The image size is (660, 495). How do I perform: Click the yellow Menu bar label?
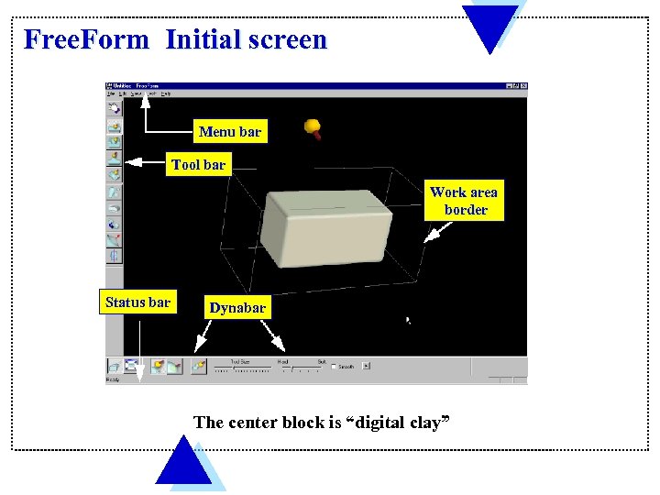pos(230,131)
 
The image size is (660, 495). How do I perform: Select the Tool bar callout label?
pos(198,165)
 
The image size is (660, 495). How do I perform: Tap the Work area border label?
pos(464,201)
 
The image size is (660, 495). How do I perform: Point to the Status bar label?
pos(137,302)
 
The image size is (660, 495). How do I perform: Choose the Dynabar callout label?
pos(237,308)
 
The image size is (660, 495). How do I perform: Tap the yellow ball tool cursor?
pos(313,126)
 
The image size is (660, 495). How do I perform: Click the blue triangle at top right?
pos(489,24)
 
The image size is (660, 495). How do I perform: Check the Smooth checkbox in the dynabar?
pos(335,366)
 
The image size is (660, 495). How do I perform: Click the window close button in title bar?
pos(522,86)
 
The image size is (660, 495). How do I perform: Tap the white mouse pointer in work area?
pos(409,321)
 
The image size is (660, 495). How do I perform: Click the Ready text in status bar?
pos(113,379)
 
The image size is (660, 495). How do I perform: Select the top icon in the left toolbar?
pos(115,107)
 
